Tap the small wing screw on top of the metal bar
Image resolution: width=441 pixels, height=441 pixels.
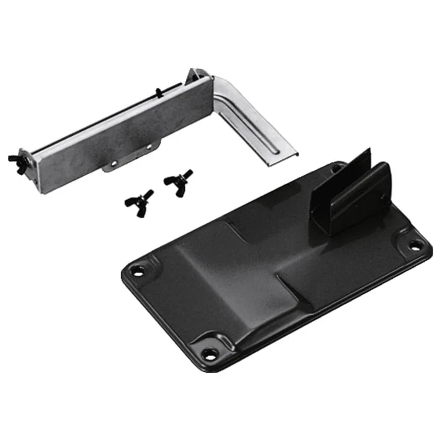click(158, 92)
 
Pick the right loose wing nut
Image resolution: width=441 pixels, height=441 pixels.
click(178, 178)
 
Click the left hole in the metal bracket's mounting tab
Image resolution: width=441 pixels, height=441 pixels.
click(114, 163)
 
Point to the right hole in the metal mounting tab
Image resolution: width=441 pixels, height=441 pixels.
click(148, 146)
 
